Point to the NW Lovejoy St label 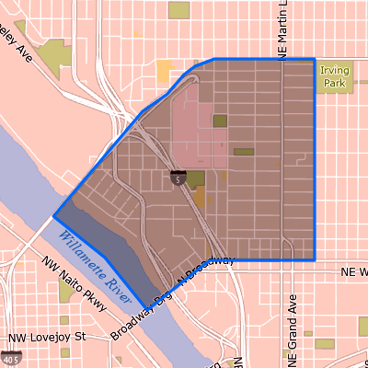[47, 338]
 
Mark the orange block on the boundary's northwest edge [165, 71]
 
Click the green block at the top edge [178, 10]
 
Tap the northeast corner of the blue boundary [316, 59]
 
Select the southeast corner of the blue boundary [316, 259]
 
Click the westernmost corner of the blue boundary [54, 217]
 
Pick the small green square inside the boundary [219, 121]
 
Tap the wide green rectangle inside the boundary [243, 152]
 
